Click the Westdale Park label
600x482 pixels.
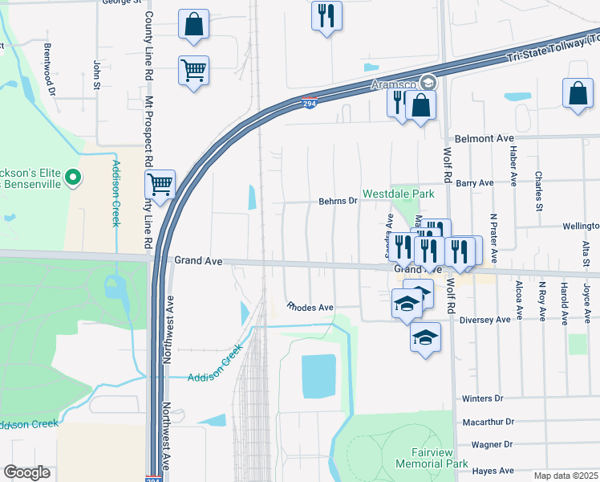(x=398, y=194)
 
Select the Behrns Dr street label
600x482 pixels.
(x=337, y=201)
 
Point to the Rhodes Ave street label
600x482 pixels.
(x=310, y=307)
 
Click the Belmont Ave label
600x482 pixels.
(x=484, y=138)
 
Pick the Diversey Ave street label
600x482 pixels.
(x=486, y=319)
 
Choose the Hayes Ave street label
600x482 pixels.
(x=492, y=471)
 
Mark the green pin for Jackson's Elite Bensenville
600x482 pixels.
(x=73, y=176)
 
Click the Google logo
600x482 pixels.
(x=27, y=472)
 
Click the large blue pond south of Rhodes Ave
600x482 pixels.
(x=318, y=376)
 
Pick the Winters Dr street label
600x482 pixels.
(x=481, y=398)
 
